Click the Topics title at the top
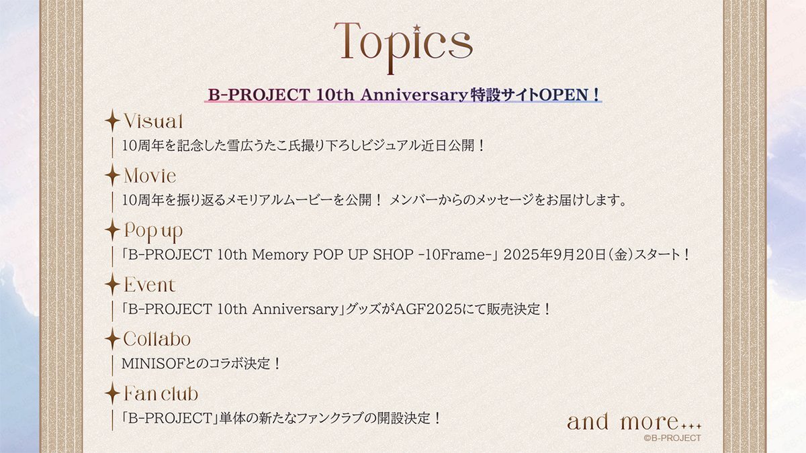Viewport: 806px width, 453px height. [403, 47]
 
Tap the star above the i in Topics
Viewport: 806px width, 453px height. [416, 28]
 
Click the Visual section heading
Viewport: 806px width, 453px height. [153, 121]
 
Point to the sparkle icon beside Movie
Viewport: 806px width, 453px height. [112, 175]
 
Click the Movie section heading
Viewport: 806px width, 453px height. [150, 176]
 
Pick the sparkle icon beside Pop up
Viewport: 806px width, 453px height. [112, 230]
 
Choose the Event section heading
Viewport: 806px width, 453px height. [150, 285]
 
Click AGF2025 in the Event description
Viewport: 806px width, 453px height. [428, 309]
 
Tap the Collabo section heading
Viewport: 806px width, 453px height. [157, 339]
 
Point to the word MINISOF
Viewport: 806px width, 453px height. [153, 364]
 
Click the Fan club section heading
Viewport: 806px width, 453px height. [161, 394]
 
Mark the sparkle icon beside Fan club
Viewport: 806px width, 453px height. [112, 393]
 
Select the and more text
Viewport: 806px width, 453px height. [634, 421]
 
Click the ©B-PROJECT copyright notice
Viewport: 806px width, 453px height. [672, 438]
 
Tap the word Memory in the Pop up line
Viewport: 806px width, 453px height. [280, 255]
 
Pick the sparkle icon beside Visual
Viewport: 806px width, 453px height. [112, 120]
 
